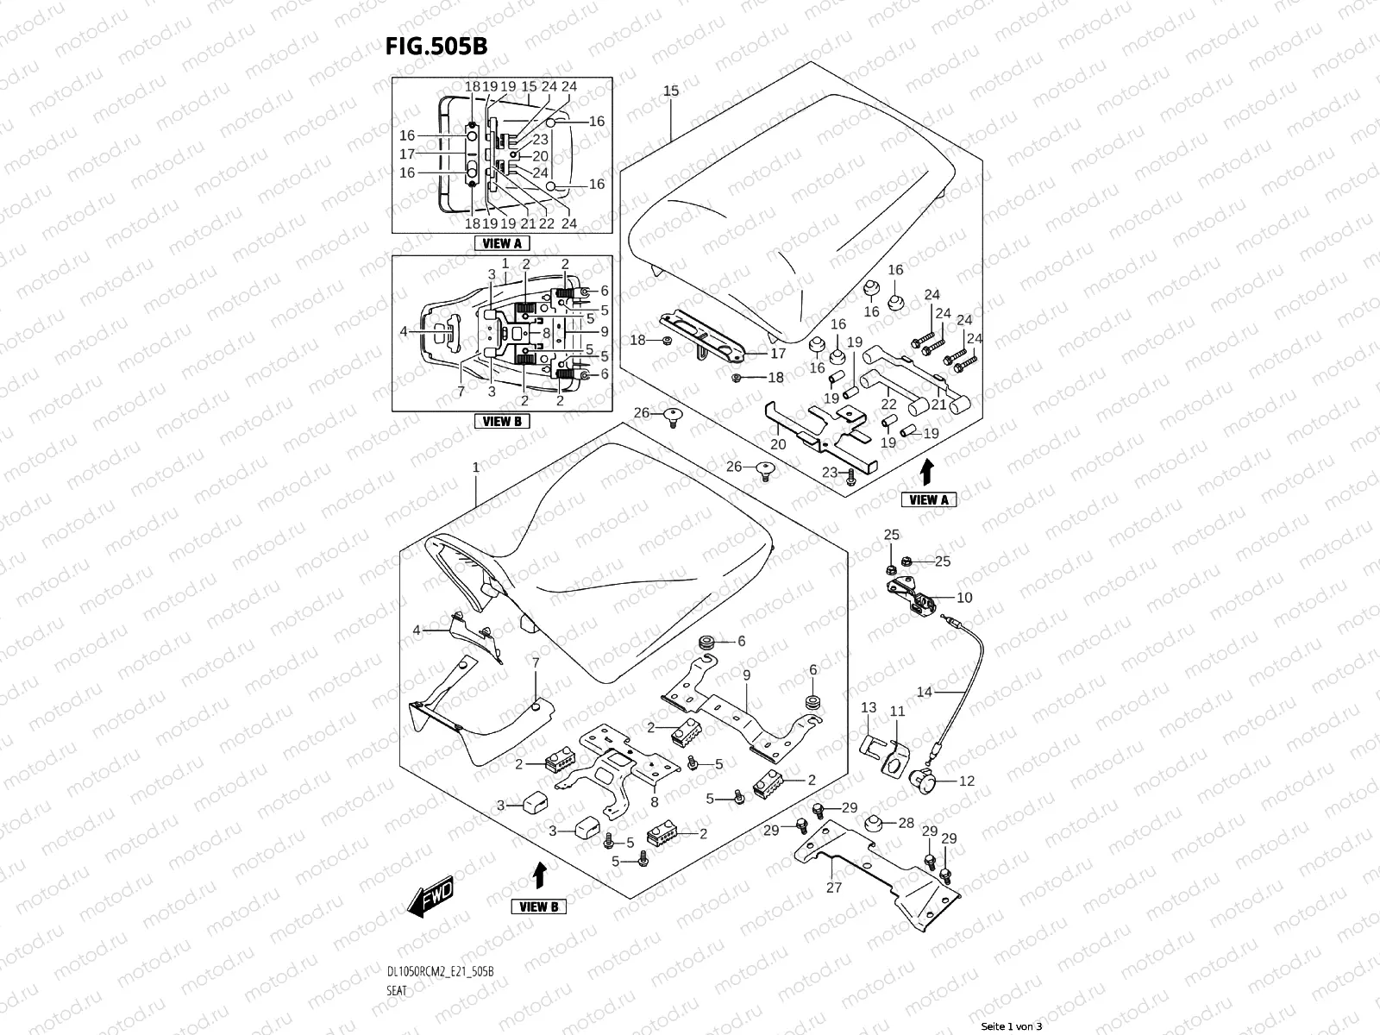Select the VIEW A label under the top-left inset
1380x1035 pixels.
click(502, 243)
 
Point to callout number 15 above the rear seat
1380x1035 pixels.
click(671, 91)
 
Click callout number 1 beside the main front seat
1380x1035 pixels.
click(475, 467)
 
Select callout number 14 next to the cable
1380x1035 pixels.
click(924, 692)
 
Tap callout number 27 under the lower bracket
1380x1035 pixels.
click(833, 887)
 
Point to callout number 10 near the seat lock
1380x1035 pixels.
click(964, 598)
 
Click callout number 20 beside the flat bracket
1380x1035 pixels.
click(778, 444)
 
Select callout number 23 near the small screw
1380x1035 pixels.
click(830, 472)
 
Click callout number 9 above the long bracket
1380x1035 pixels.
click(746, 675)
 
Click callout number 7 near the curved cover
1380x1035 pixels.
click(535, 662)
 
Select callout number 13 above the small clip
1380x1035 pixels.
click(869, 707)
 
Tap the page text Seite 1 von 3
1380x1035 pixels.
click(1012, 1026)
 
